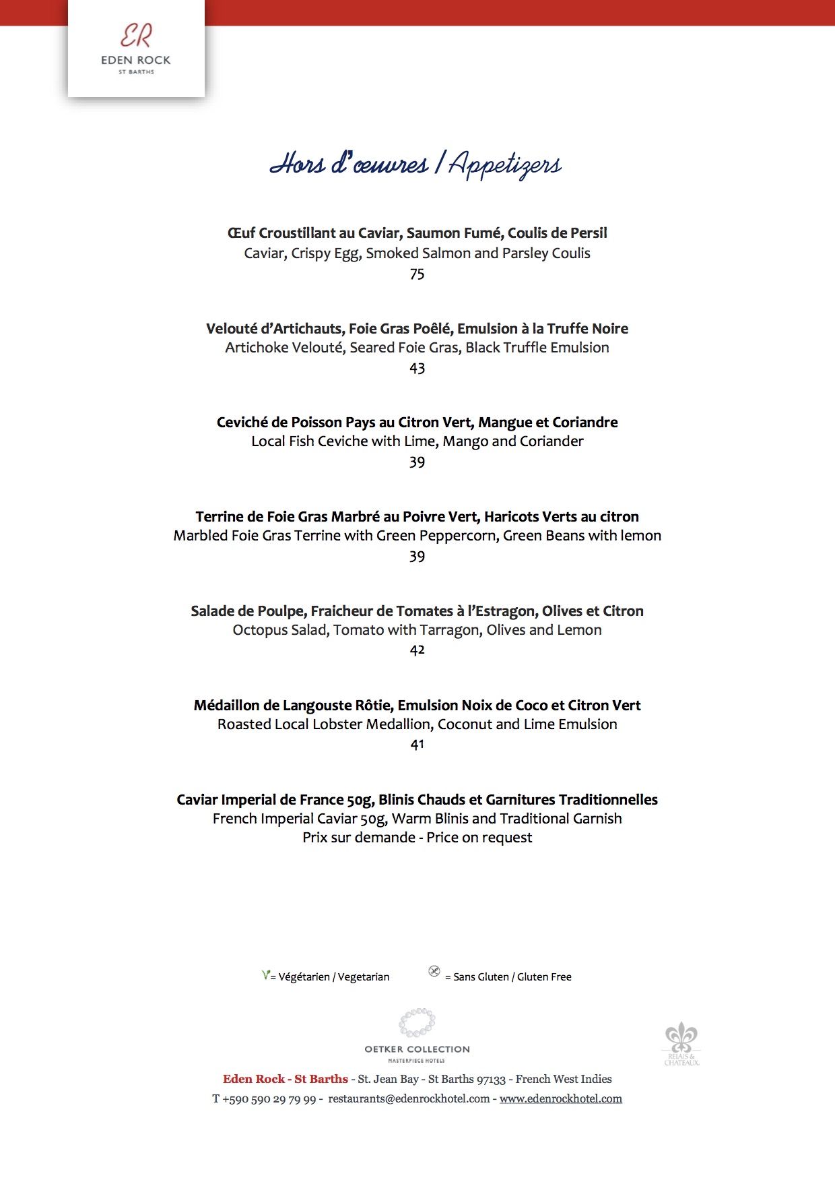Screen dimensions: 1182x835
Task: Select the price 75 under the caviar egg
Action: (417, 274)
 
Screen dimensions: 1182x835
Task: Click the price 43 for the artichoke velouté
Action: (417, 369)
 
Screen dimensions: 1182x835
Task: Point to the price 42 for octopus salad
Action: (417, 650)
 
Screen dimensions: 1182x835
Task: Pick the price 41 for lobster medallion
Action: (417, 745)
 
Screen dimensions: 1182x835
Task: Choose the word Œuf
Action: (241, 233)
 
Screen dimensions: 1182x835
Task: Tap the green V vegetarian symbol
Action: (266, 975)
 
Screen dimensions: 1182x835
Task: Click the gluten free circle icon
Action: (434, 972)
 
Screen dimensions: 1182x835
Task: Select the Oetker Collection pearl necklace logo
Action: (417, 1022)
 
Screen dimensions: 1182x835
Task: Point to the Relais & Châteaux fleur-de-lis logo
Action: (681, 1038)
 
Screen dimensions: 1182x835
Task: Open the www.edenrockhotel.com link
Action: (561, 1099)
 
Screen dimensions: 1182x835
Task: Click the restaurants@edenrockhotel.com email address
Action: (409, 1099)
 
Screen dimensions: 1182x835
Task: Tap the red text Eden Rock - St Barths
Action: (286, 1080)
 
